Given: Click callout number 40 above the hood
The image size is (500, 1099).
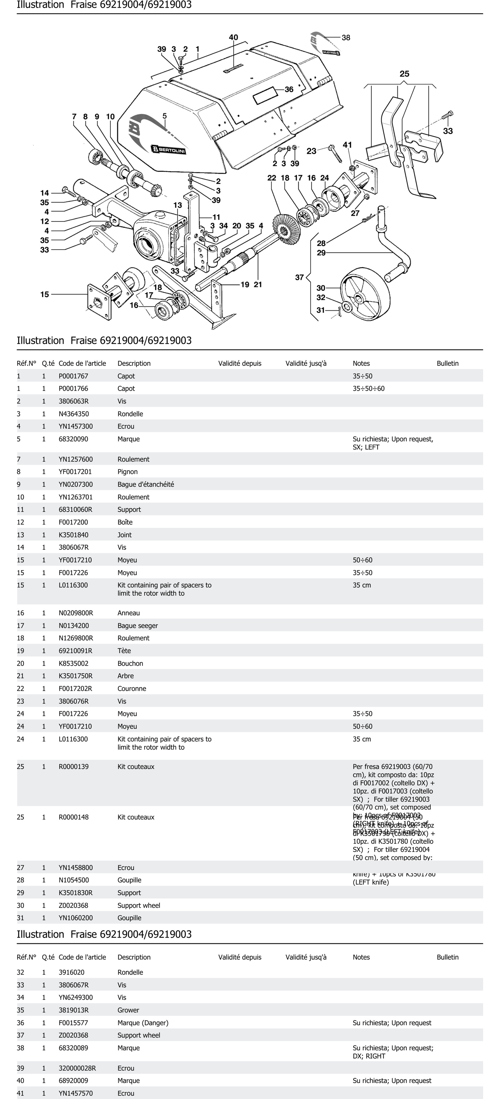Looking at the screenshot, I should tap(233, 38).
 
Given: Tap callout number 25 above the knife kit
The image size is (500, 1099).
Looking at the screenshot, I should tap(404, 74).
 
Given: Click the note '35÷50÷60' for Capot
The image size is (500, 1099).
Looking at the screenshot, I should tap(368, 389).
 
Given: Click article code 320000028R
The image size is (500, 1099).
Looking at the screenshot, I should tap(77, 1068).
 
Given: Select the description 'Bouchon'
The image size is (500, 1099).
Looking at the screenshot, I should tap(130, 663).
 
